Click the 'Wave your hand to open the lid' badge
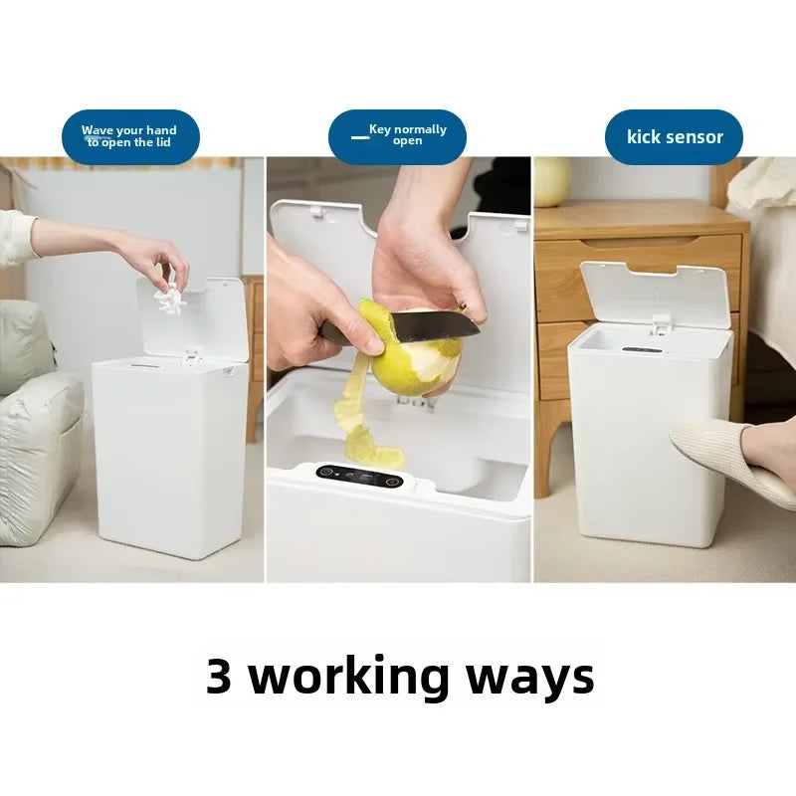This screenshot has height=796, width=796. click(x=130, y=136)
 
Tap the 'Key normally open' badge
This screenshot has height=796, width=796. click(x=397, y=136)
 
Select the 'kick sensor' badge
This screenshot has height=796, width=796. click(x=674, y=137)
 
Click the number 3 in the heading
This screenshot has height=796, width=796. click(x=219, y=678)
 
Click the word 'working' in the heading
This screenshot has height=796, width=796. click(x=347, y=678)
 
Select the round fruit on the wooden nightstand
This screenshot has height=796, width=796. click(x=553, y=182)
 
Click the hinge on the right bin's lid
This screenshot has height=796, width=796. click(x=659, y=324)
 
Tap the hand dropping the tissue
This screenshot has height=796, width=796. click(x=149, y=257)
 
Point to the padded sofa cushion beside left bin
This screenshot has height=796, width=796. click(x=35, y=448)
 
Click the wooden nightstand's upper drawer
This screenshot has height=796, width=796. click(x=637, y=261)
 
